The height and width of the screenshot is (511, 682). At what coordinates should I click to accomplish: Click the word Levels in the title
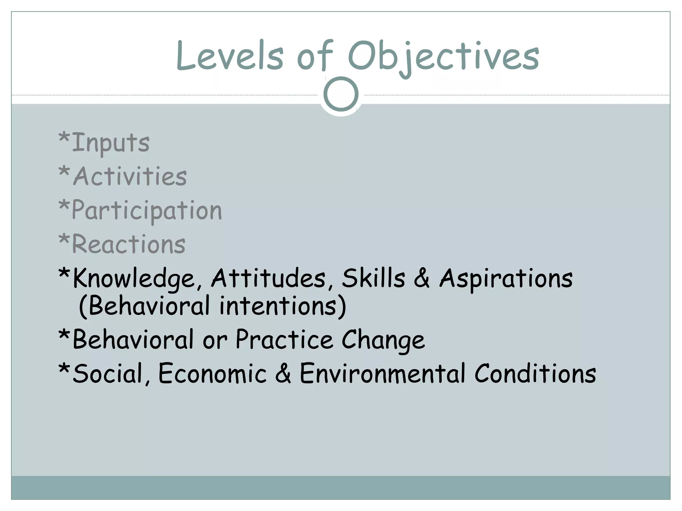pyautogui.click(x=230, y=56)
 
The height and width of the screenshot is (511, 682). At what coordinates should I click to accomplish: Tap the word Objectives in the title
pyautogui.click(x=443, y=57)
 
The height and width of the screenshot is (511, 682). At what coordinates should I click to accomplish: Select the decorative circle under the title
pyautogui.click(x=341, y=94)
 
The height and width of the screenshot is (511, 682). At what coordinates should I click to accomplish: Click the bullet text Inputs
pyautogui.click(x=110, y=143)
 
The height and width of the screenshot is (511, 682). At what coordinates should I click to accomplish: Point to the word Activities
pyautogui.click(x=130, y=176)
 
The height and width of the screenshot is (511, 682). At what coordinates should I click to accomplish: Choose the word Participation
pyautogui.click(x=147, y=211)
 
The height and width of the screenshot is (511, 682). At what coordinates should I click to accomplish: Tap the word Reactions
pyautogui.click(x=129, y=244)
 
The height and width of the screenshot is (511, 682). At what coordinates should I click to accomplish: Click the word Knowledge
pyautogui.click(x=133, y=279)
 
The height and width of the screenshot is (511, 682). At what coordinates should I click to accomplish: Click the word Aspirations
pyautogui.click(x=506, y=279)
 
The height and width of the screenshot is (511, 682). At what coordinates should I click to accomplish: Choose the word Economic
pyautogui.click(x=212, y=373)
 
